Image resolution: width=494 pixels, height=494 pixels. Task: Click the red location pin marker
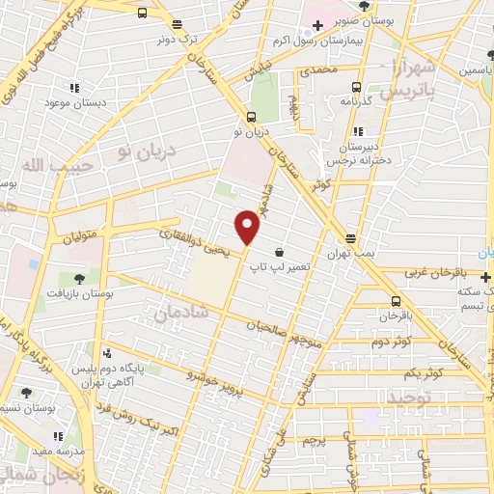pos(248,227)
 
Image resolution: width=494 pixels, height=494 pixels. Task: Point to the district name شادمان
pos(174,311)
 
